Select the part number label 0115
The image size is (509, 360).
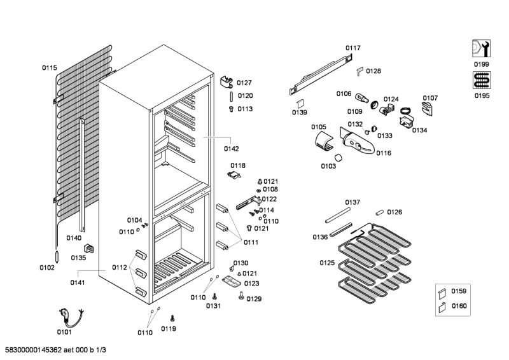click(x=50, y=68)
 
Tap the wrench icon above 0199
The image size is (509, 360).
click(x=481, y=49)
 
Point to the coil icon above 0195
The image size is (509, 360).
click(x=482, y=80)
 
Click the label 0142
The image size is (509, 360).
click(x=231, y=149)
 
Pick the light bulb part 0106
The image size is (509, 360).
click(x=361, y=97)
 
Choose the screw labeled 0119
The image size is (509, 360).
click(x=172, y=318)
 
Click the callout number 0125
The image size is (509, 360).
click(x=327, y=263)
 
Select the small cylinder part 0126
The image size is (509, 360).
click(x=380, y=212)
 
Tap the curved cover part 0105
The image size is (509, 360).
click(x=324, y=141)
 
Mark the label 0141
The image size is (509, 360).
click(x=78, y=282)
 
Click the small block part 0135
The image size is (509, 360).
click(x=88, y=249)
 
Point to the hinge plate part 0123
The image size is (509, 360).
click(x=232, y=281)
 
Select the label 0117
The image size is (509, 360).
click(x=353, y=48)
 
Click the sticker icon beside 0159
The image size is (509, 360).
click(x=442, y=293)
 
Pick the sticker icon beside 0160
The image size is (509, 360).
click(x=442, y=307)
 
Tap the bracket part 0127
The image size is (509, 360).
click(x=227, y=82)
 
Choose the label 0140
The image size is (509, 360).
click(x=74, y=239)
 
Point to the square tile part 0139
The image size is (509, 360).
click(x=301, y=104)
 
